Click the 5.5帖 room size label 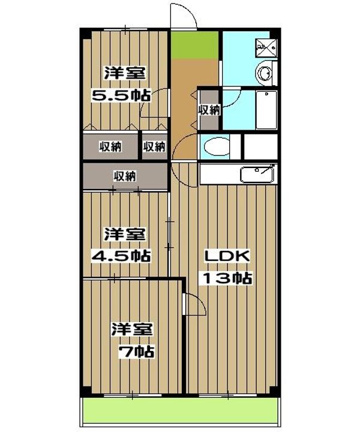[121, 95]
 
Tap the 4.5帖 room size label [121, 256]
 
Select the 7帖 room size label [136, 352]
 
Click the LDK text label [227, 256]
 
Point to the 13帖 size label [227, 278]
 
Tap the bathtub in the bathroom [266, 110]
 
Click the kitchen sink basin [257, 175]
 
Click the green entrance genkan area [195, 44]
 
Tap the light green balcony [181, 410]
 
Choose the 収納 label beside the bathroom [209, 110]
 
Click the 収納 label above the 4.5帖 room [125, 176]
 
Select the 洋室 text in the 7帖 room [132, 329]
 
